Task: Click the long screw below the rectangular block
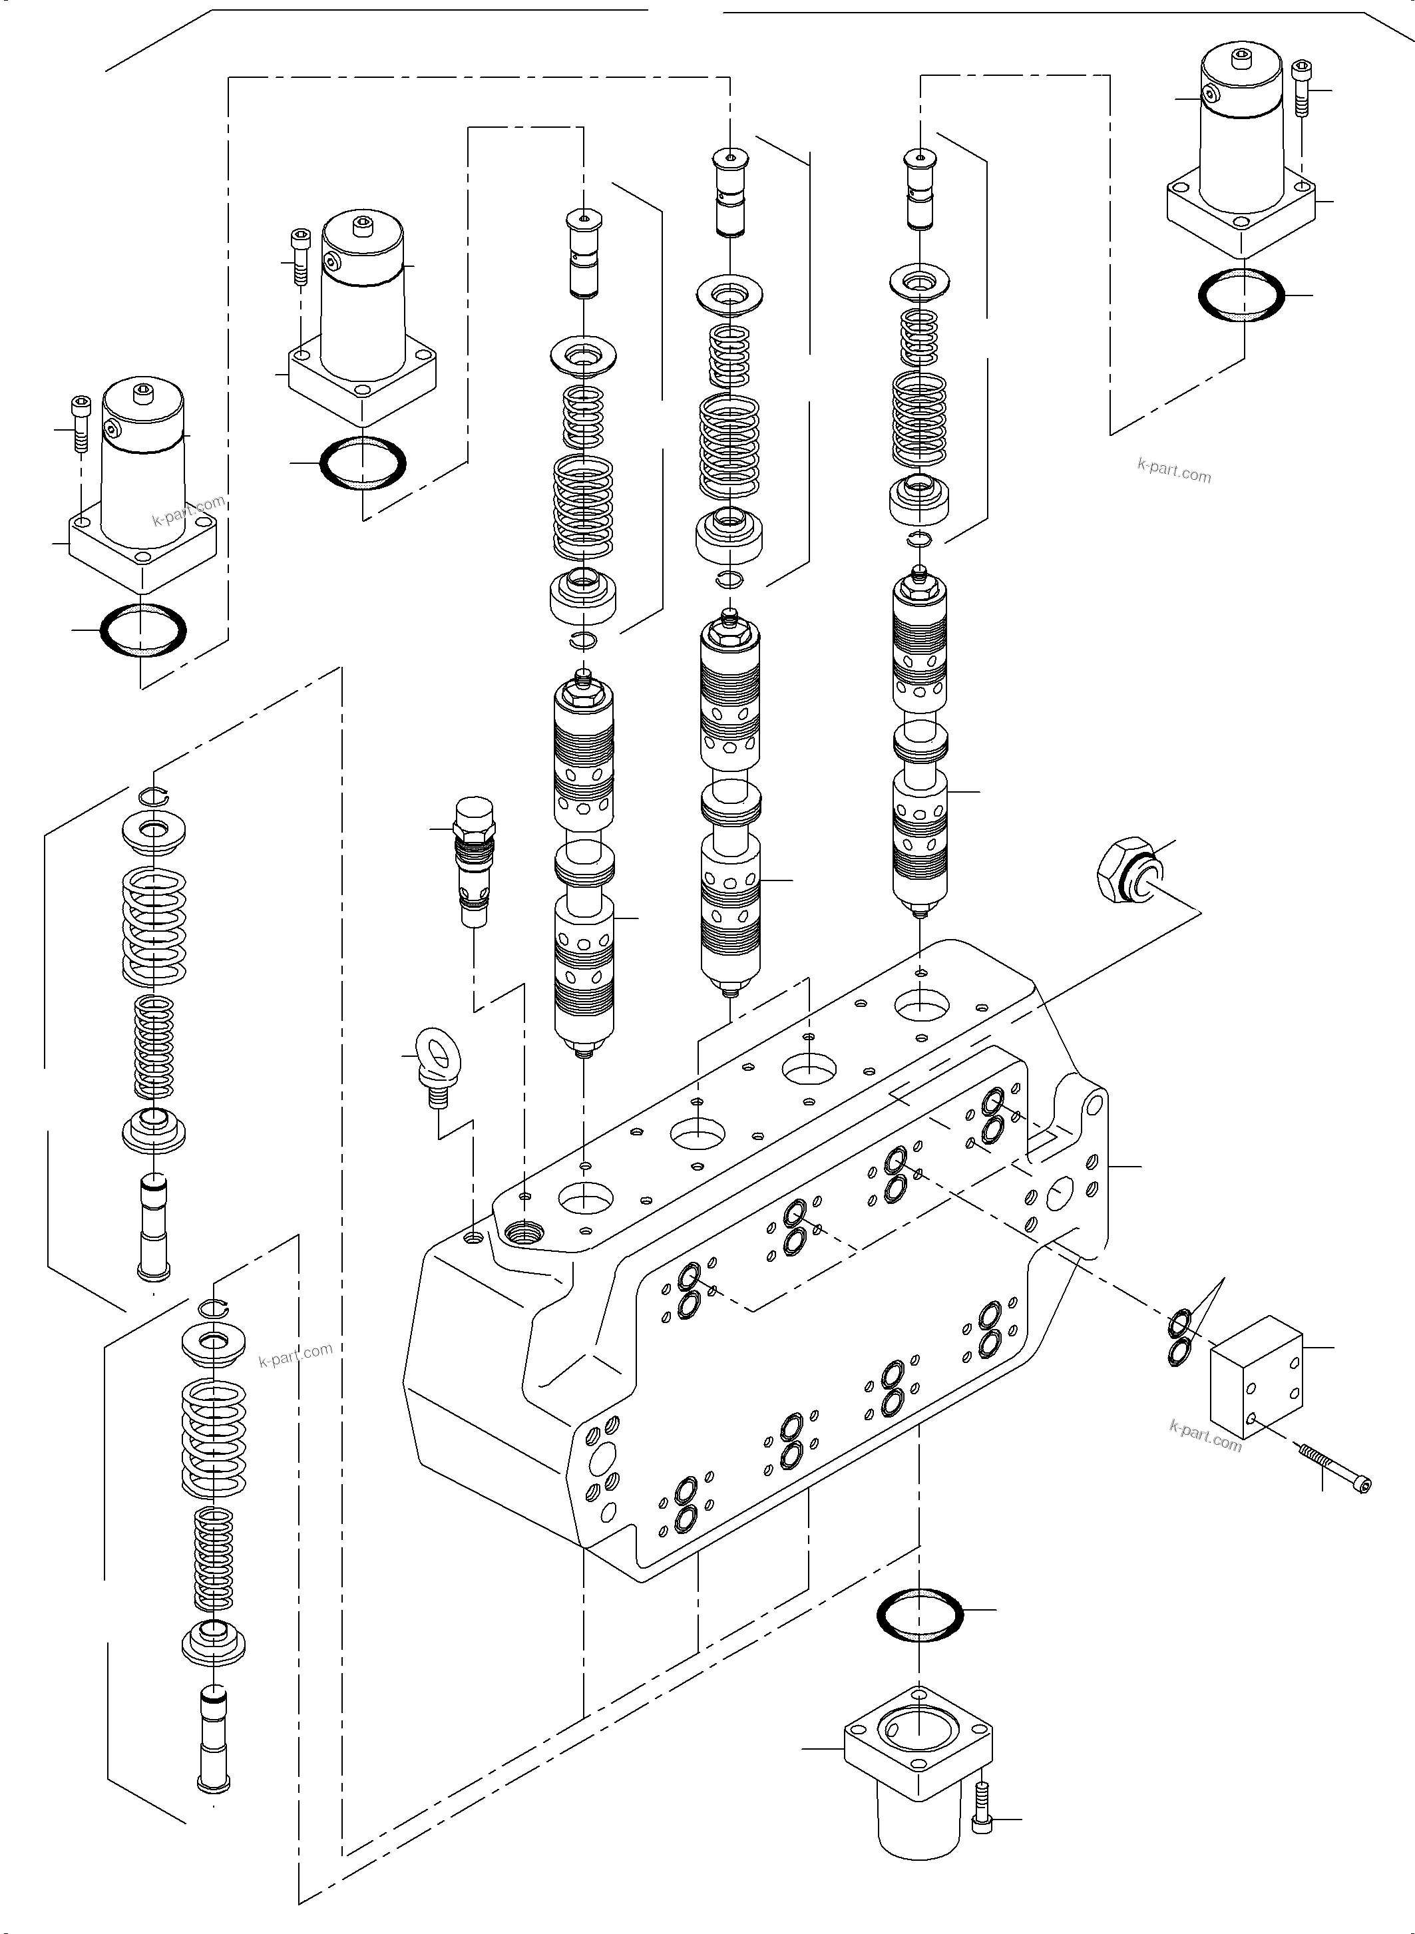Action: coord(1334,1467)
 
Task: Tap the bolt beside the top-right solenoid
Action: coord(1301,87)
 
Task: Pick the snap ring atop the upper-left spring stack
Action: coord(155,796)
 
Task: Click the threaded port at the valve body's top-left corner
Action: coord(524,1233)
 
